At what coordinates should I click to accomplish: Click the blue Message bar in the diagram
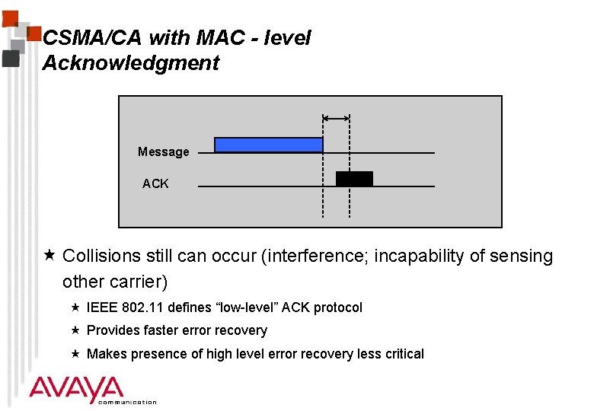click(268, 145)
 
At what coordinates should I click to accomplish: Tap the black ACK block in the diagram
click(354, 179)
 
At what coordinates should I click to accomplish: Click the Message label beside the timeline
click(163, 152)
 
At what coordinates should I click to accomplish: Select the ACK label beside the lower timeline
click(155, 183)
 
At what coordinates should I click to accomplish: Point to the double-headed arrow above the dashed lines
click(336, 118)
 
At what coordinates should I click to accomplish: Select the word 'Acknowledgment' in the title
click(130, 63)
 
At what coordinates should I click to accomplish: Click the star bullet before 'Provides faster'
click(75, 330)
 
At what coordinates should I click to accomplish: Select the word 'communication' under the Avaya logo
click(127, 402)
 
